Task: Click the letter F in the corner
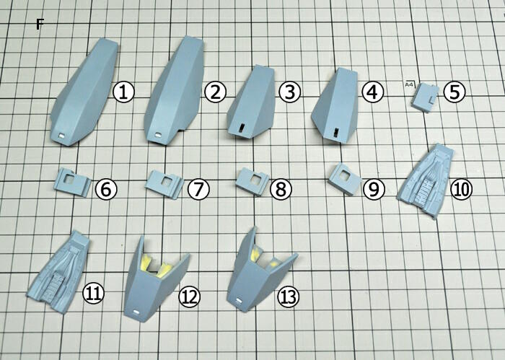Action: [39, 24]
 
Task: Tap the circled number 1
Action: [123, 92]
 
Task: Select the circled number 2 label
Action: [215, 92]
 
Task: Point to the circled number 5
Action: [454, 92]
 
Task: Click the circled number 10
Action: [461, 189]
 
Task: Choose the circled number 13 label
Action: [289, 297]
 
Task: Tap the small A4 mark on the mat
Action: [409, 84]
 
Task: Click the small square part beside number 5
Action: [426, 98]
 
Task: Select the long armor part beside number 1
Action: [84, 92]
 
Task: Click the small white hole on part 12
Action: [136, 312]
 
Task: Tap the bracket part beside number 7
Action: [164, 184]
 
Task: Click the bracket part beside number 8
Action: [252, 181]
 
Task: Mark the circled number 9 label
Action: [374, 189]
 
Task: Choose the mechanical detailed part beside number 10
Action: [426, 180]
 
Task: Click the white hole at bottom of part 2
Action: [158, 135]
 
